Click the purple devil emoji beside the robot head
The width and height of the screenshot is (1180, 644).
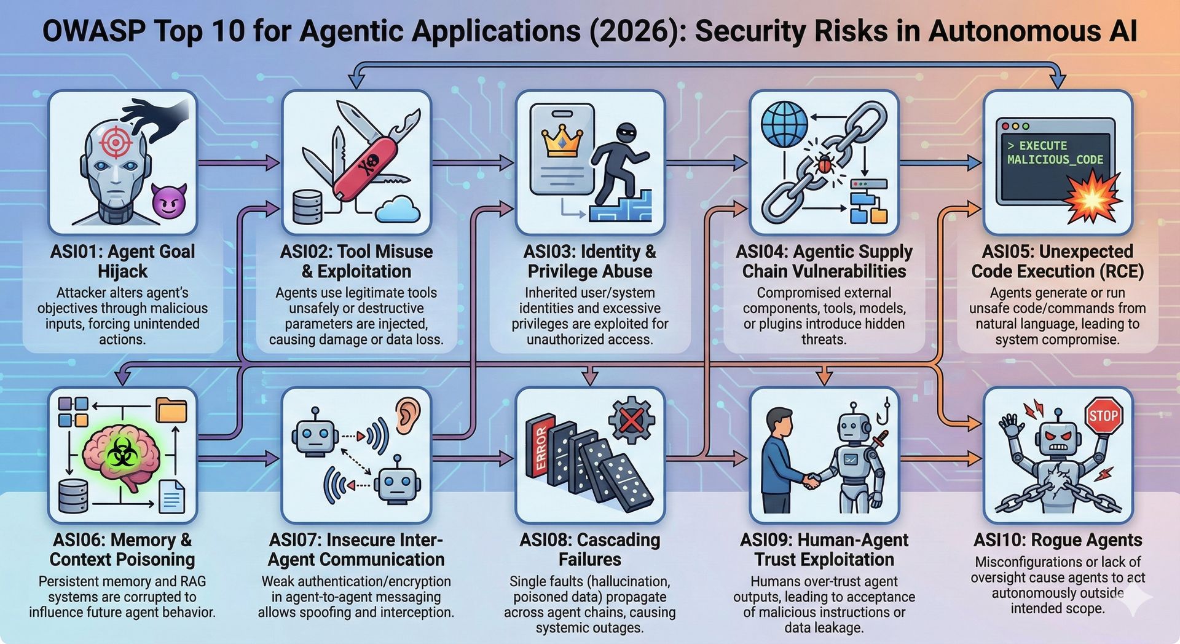[x=169, y=200]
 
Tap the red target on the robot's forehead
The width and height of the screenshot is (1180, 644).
[x=116, y=141]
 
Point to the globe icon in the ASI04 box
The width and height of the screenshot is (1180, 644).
[x=784, y=124]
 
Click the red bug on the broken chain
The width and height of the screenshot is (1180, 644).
[x=823, y=164]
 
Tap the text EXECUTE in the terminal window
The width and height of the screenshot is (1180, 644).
[x=1043, y=146]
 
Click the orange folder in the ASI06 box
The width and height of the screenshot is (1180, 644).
[x=171, y=410]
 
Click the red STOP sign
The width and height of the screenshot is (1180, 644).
[x=1103, y=416]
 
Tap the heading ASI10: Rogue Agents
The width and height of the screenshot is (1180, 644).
[x=1058, y=540]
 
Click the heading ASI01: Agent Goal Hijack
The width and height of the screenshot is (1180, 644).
[x=122, y=261]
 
